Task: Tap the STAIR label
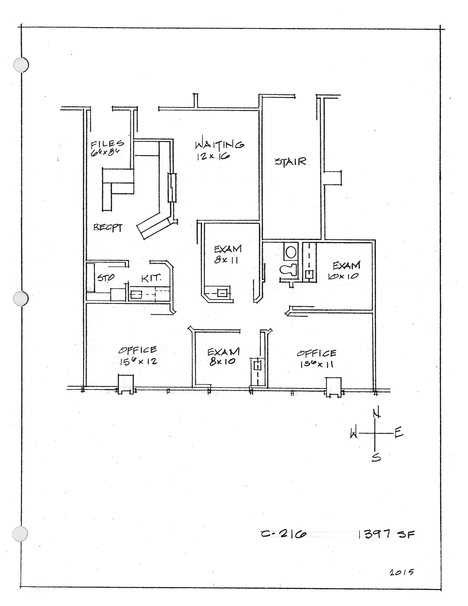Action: point(290,162)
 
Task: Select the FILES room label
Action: point(107,144)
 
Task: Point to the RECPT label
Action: point(108,228)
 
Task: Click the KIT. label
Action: point(151,278)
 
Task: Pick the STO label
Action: point(106,278)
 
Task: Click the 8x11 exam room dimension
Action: point(226,260)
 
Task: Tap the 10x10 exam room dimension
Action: point(343,276)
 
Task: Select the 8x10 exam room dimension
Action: point(222,362)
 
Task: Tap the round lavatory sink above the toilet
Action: point(291,252)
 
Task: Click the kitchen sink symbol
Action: point(136,294)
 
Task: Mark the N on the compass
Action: point(376,413)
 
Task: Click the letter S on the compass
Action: point(376,457)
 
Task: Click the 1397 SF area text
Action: point(386,534)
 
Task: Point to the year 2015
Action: point(401,572)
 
